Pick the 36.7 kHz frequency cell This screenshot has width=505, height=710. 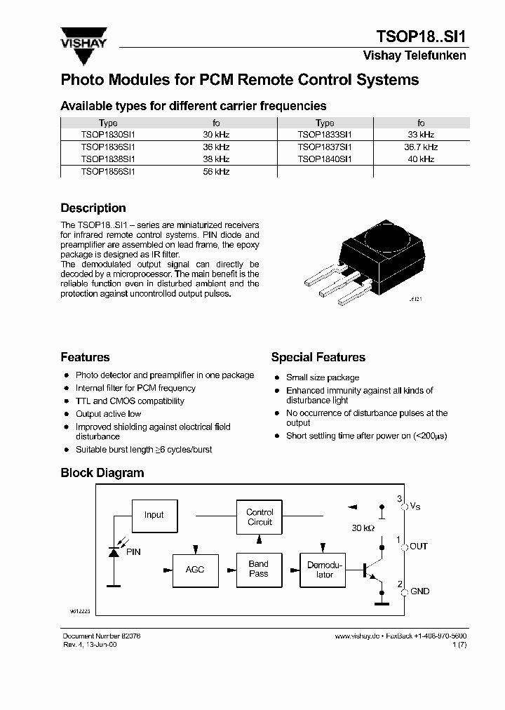421,147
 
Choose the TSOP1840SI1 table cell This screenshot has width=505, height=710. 325,159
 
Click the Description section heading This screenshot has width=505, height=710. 93,208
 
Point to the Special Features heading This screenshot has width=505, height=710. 318,358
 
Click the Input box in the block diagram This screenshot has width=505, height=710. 154,515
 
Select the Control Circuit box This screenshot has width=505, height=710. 260,518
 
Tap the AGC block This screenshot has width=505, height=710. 195,569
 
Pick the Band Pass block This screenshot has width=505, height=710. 259,569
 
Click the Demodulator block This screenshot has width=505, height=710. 325,569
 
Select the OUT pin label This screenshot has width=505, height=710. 419,547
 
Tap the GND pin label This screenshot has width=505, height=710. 419,591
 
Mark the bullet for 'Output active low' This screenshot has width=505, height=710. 66,414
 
